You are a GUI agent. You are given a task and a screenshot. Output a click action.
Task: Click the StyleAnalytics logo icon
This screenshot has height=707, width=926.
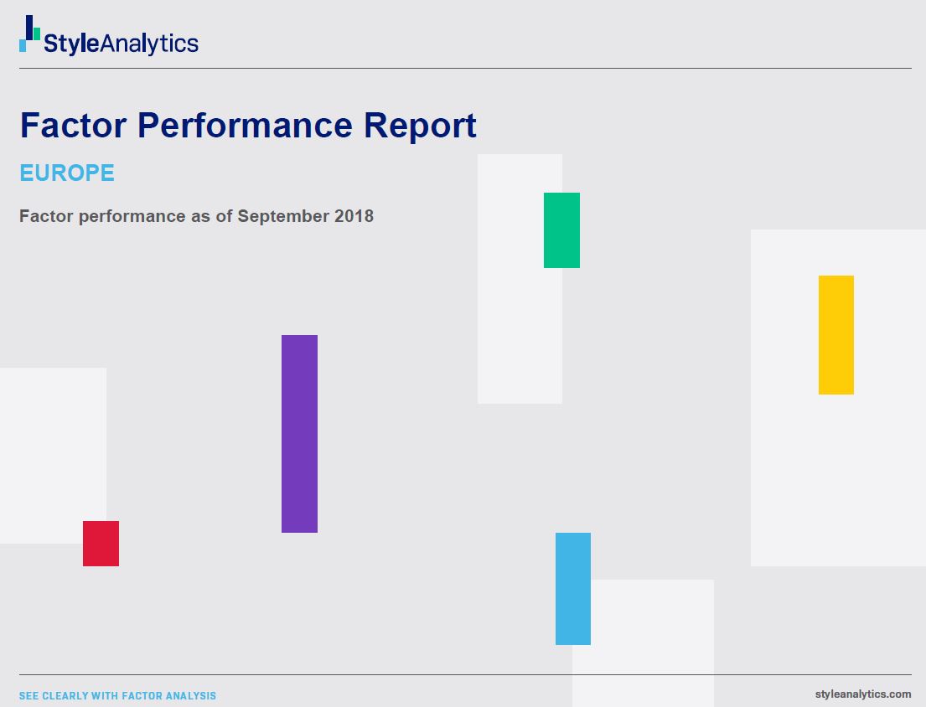coord(29,34)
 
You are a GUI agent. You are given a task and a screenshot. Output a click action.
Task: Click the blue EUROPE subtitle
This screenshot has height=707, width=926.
coord(67,173)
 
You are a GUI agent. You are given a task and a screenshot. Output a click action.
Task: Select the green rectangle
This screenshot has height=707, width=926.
coord(561,230)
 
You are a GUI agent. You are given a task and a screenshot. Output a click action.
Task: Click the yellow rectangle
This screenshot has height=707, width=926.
coord(836,335)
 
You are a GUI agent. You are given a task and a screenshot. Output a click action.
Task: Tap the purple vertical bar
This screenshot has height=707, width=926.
coord(299,434)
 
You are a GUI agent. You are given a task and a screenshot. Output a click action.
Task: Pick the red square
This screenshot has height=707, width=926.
coord(101,544)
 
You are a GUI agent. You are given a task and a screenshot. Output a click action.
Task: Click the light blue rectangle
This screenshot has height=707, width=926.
coord(573,589)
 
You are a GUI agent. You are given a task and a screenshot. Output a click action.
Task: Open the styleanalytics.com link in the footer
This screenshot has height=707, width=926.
coord(862,694)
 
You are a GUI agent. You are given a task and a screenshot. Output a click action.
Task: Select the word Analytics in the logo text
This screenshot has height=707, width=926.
coord(149,44)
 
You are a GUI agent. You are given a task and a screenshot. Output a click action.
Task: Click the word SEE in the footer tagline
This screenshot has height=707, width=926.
coord(28,696)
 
